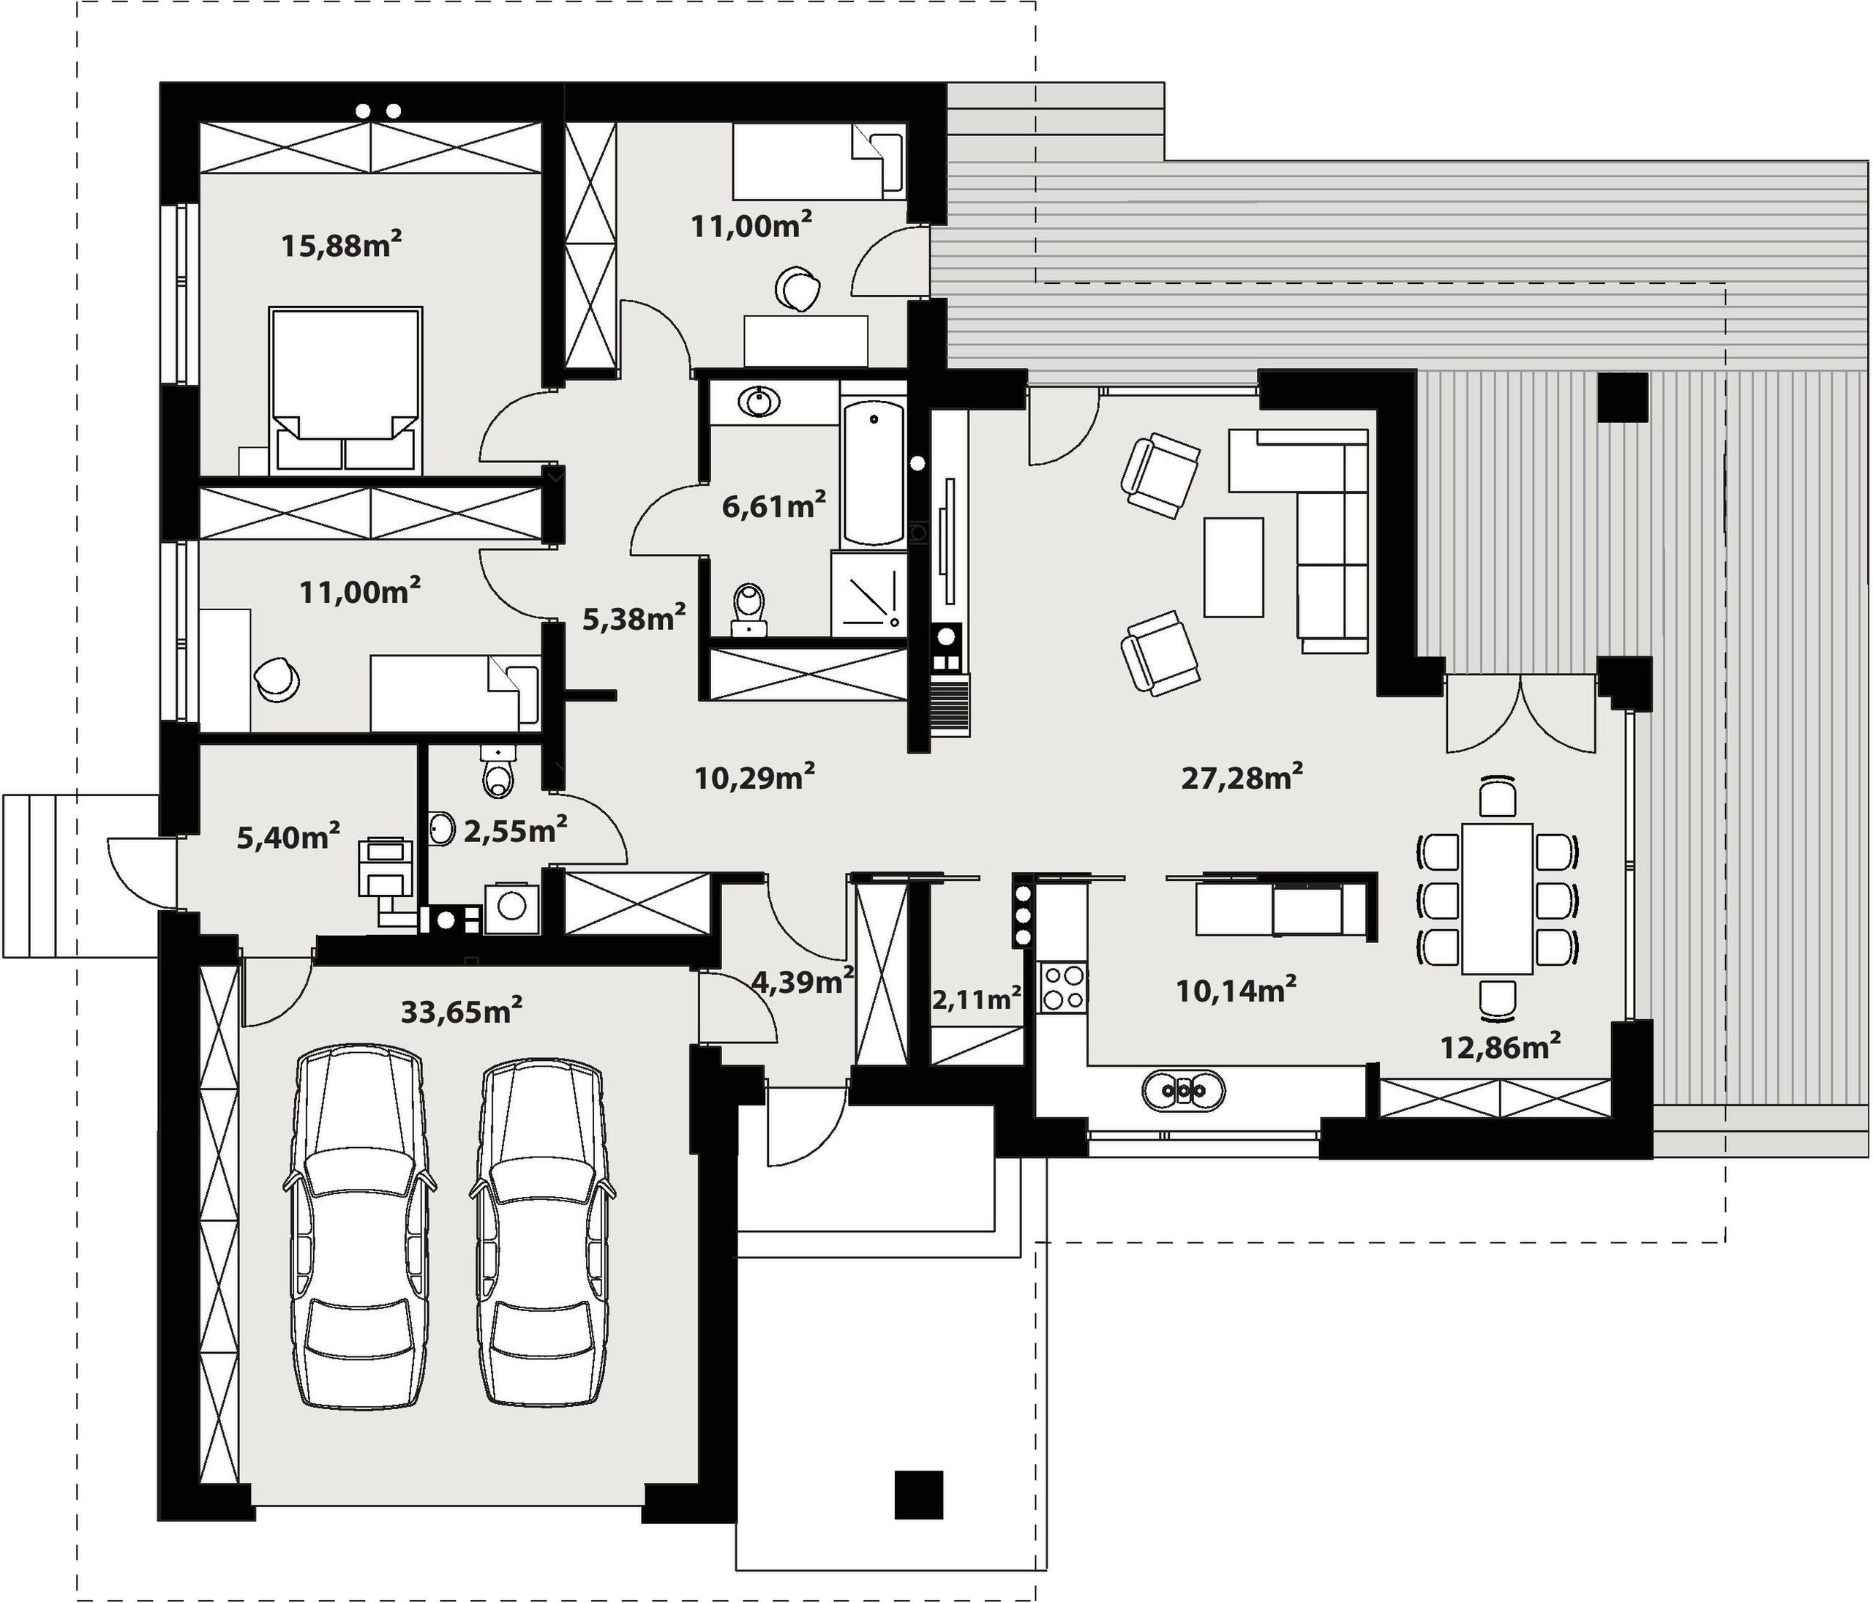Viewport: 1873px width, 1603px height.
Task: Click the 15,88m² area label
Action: [x=341, y=244]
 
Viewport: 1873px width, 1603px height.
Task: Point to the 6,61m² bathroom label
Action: [x=774, y=506]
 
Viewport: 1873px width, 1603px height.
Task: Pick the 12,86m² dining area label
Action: [x=1501, y=1047]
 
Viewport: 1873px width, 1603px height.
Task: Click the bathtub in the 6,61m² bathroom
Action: [x=874, y=474]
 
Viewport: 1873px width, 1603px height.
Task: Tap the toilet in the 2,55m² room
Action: [x=498, y=771]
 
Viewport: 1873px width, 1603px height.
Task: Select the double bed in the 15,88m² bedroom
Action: [x=345, y=390]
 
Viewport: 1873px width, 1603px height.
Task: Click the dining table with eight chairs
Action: [x=1497, y=898]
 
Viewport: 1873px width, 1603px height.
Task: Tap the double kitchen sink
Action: [x=1183, y=1090]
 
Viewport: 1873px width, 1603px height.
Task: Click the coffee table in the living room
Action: [x=1233, y=567]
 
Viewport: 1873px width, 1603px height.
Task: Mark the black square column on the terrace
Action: [x=1624, y=397]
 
